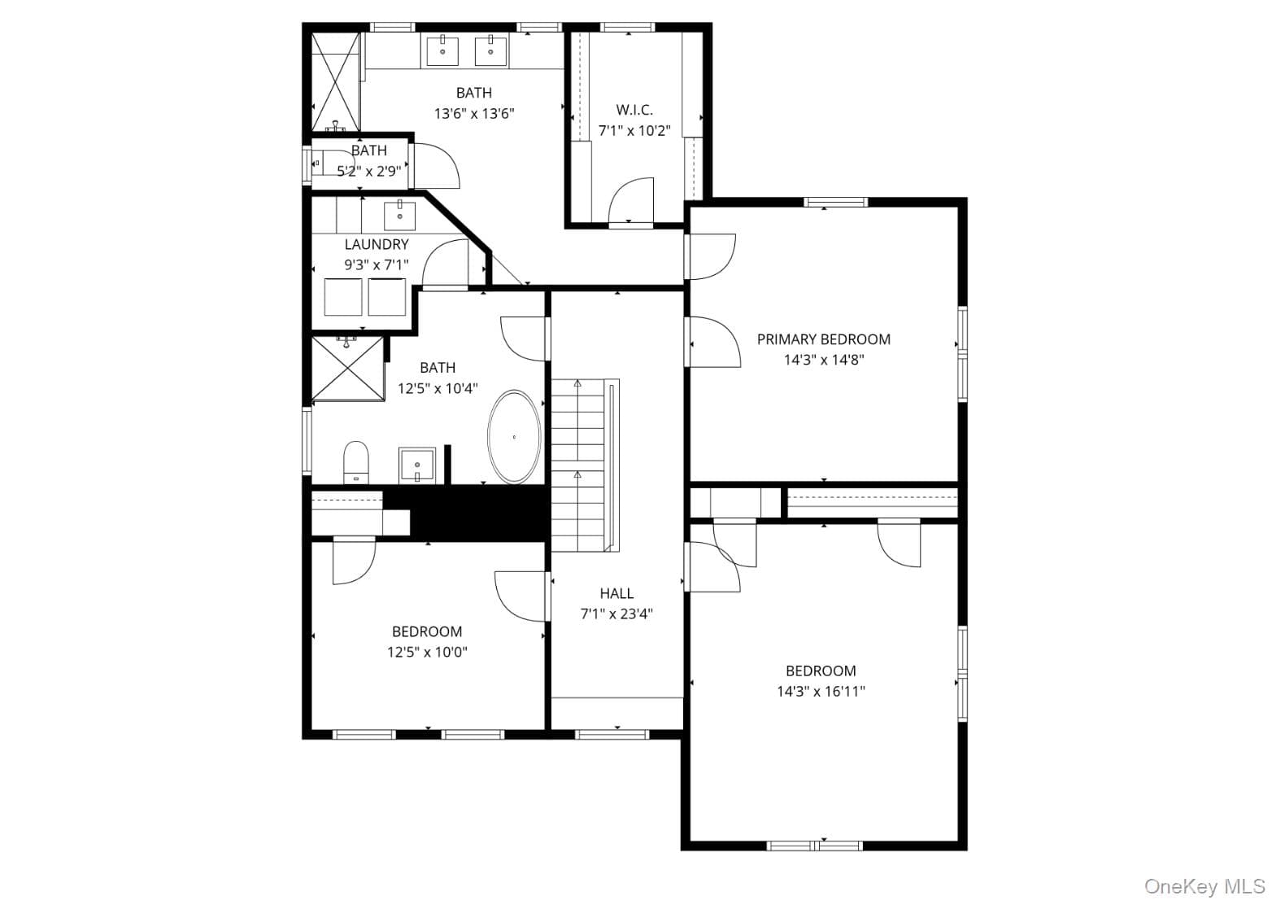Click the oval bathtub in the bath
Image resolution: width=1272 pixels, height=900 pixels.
point(514,436)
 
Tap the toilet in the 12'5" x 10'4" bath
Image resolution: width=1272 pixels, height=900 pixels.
point(356,462)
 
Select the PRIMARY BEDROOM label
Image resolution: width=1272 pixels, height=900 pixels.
point(823,339)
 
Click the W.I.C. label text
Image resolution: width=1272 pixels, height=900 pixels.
point(634,110)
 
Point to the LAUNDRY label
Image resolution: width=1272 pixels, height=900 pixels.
point(377,244)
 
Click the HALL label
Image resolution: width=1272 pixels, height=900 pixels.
point(616,593)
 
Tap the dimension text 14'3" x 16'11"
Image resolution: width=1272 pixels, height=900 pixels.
point(821,692)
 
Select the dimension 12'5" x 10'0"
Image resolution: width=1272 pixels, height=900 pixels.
point(427,652)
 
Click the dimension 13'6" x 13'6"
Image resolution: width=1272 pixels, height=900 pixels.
point(474,114)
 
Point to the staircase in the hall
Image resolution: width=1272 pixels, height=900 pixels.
point(585,465)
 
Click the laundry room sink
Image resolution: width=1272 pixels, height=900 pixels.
point(400,216)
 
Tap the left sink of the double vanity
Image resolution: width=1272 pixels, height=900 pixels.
point(442,50)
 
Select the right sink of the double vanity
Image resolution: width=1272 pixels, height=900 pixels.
point(490,50)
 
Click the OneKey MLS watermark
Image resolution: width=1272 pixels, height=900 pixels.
point(1205,886)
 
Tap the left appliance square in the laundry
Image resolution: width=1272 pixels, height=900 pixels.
point(343,296)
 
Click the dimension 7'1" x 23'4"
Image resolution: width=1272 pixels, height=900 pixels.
point(616,614)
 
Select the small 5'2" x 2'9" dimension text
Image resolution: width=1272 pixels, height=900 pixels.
point(369,171)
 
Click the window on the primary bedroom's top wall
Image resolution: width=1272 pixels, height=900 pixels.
point(836,202)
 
